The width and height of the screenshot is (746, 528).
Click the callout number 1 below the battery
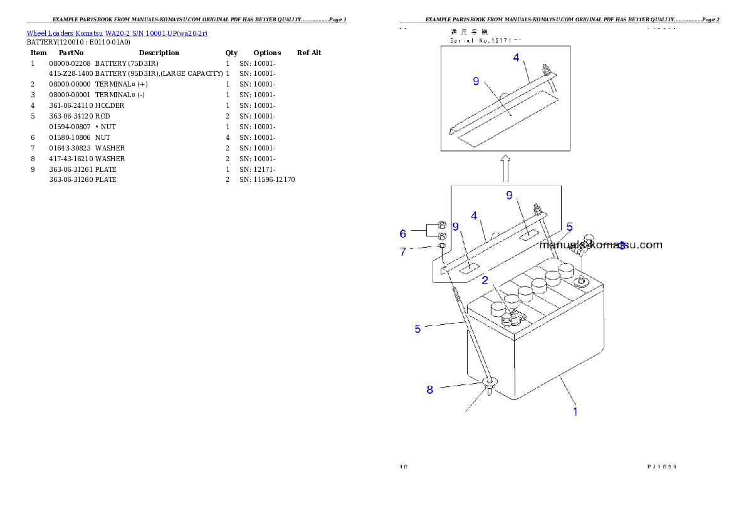pos(575,412)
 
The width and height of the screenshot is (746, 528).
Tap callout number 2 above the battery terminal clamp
pos(485,281)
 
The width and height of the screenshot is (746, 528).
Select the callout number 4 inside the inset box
pos(516,57)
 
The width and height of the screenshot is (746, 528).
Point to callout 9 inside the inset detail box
pos(476,82)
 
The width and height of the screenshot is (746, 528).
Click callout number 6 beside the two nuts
pos(403,234)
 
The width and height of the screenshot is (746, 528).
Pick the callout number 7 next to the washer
pos(403,251)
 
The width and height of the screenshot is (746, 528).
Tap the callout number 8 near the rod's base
pos(429,389)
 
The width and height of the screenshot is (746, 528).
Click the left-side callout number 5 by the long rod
pos(418,329)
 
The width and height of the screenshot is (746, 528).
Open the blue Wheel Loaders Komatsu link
pos(117,33)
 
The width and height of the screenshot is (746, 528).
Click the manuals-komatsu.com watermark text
pos(601,245)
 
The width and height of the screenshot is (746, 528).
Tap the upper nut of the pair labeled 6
pos(441,226)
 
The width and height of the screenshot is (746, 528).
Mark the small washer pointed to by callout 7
pos(441,246)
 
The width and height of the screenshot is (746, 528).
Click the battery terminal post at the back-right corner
pos(581,282)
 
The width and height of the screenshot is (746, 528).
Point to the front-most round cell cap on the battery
pos(498,308)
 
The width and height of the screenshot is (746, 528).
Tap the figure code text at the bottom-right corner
pos(661,467)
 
